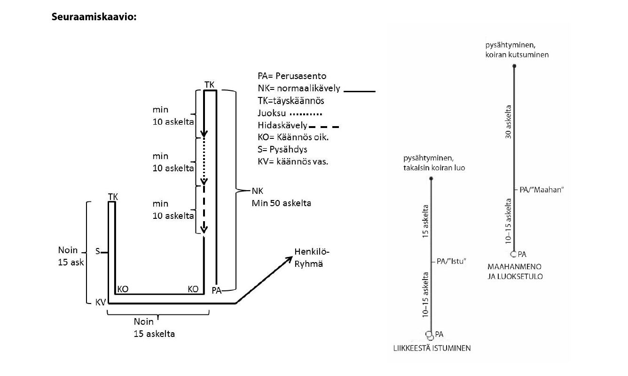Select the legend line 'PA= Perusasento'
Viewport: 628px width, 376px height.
pos(292,76)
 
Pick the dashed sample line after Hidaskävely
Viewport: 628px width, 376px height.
pos(324,127)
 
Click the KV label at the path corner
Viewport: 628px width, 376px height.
pos(101,303)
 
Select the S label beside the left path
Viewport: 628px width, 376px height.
pos(98,252)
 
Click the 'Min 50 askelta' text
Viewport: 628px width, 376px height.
pos(281,203)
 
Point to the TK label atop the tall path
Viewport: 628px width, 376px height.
pos(210,84)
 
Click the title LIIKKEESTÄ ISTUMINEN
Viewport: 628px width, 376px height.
pos(432,349)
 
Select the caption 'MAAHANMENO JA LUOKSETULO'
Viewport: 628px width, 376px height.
pos(515,272)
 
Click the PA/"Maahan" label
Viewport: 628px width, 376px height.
pos(541,189)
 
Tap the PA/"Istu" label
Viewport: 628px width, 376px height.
pos(451,261)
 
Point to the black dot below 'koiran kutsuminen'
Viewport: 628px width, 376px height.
pos(514,66)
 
